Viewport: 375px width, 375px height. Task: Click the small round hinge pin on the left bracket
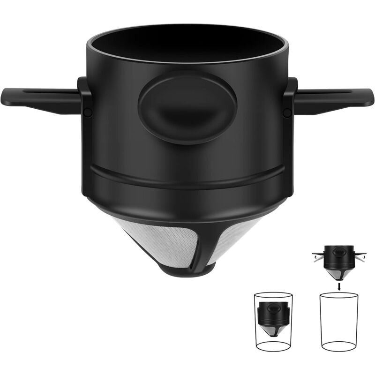pos(87,112)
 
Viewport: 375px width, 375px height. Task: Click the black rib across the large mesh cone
pos(211,246)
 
